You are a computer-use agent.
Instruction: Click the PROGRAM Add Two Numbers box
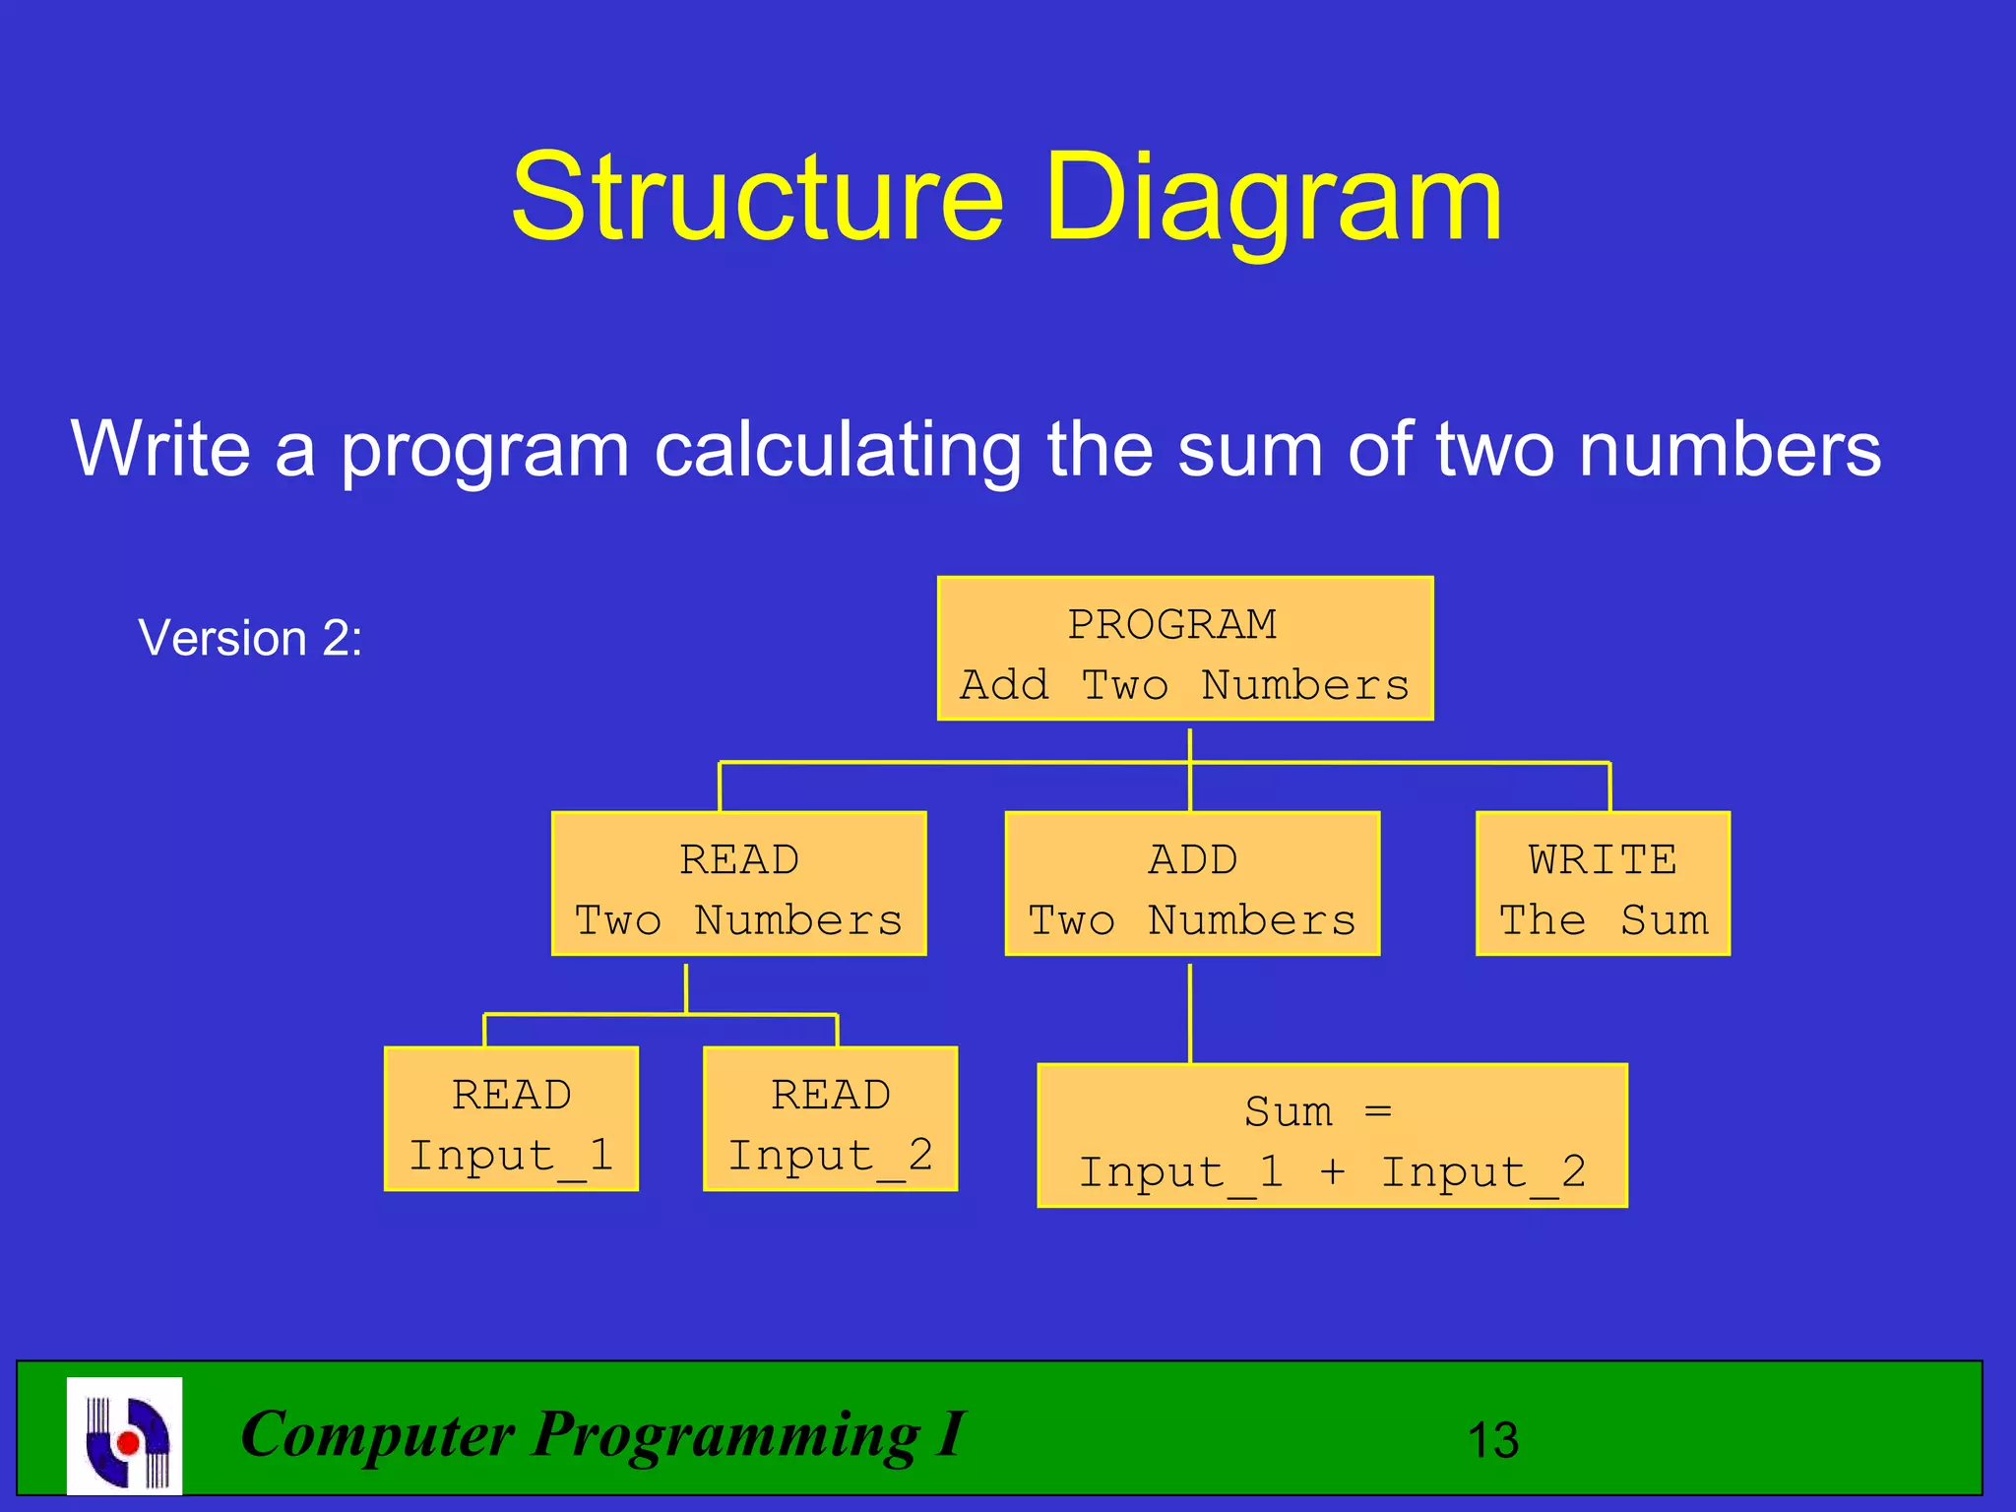tap(1185, 649)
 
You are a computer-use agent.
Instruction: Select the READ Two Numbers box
tap(738, 884)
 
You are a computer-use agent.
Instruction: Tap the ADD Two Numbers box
tap(1192, 884)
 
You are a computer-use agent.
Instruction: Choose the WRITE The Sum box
tap(1603, 884)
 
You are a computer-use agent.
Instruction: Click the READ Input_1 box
tap(511, 1119)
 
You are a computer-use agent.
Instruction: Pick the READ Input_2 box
tap(830, 1119)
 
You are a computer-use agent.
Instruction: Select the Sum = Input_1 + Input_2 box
tap(1332, 1136)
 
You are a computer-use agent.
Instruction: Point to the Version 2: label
tap(250, 638)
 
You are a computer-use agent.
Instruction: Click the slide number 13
tap(1492, 1441)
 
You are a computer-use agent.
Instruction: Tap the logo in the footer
tap(125, 1436)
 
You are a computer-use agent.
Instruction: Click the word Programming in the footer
tap(726, 1435)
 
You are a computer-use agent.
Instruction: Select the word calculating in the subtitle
tap(837, 449)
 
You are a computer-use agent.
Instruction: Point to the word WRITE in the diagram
tap(1603, 859)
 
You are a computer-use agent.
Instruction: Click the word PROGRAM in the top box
tap(1172, 624)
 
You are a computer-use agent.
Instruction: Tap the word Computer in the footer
tap(378, 1433)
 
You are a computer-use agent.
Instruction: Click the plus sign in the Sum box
tap(1332, 1171)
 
